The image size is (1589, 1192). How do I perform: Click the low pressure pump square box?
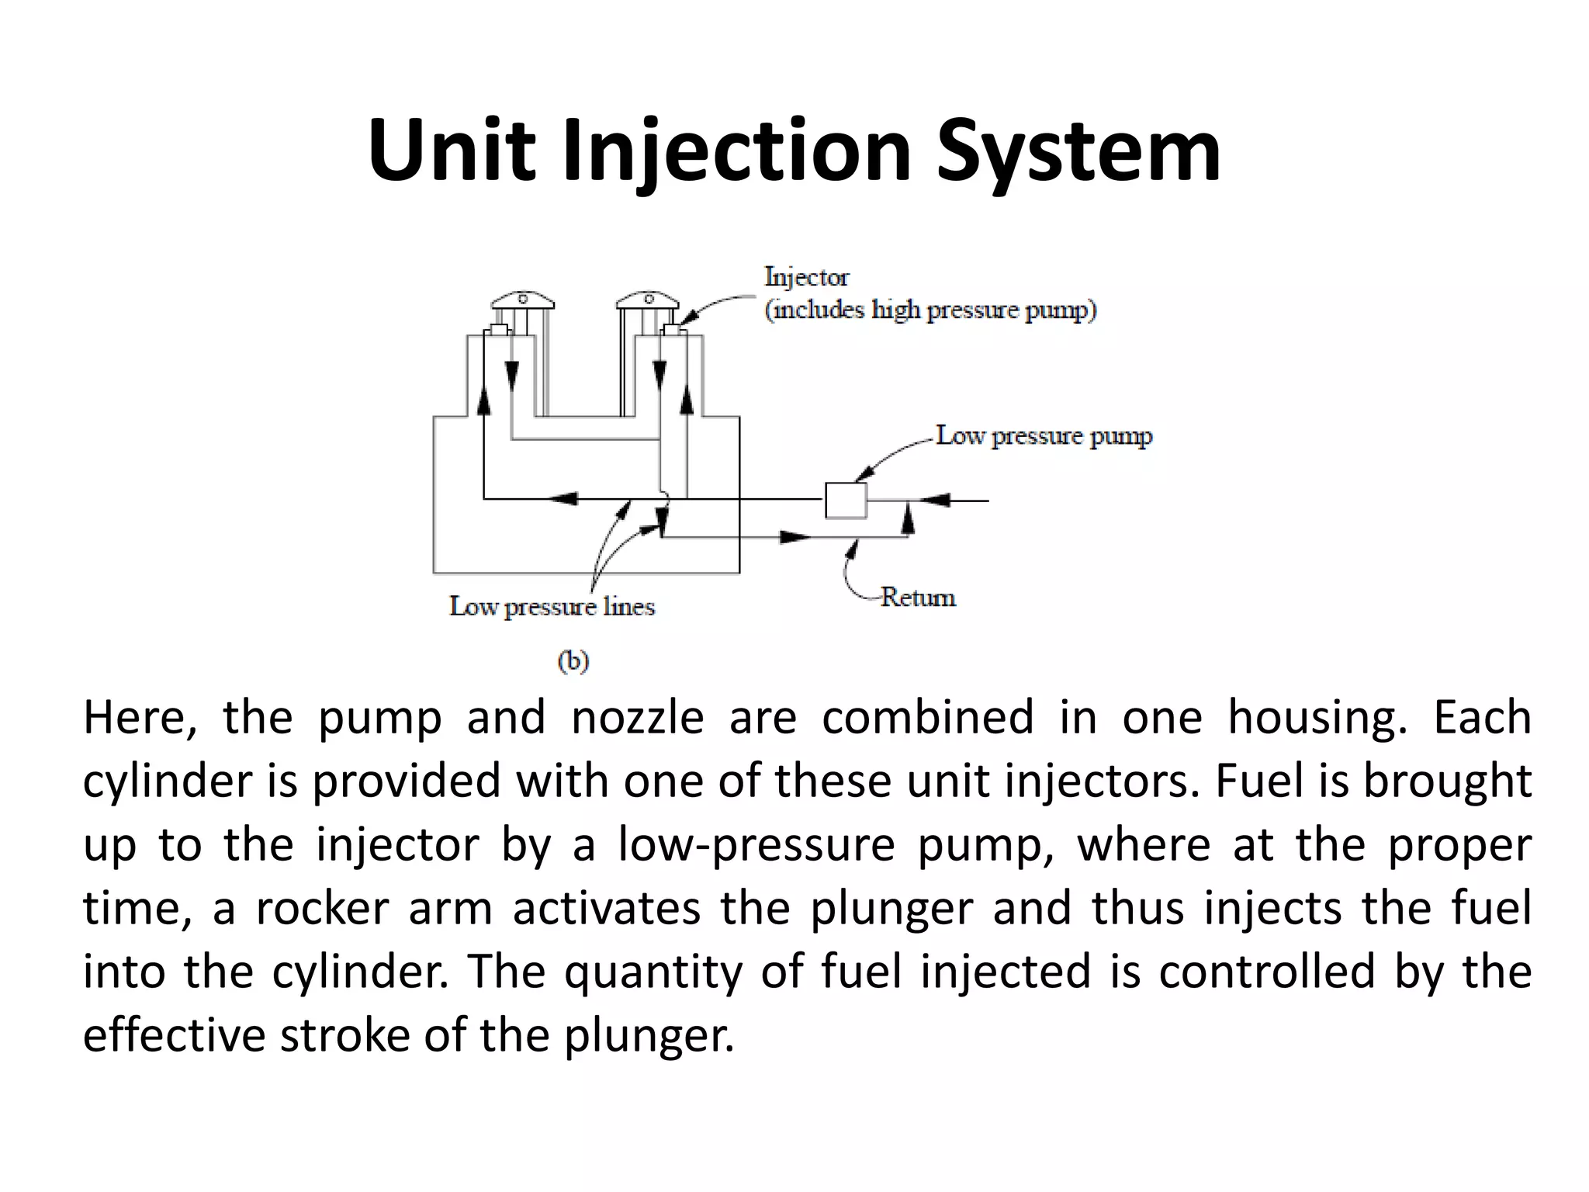pyautogui.click(x=845, y=501)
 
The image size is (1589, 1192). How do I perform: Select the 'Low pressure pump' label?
pyautogui.click(x=1044, y=436)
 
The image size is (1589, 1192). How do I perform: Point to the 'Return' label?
pyautogui.click(x=918, y=598)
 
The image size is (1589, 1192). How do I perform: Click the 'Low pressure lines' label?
pyautogui.click(x=552, y=607)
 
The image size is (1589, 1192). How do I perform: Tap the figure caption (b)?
pyautogui.click(x=573, y=661)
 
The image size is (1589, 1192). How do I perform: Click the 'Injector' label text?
pyautogui.click(x=806, y=277)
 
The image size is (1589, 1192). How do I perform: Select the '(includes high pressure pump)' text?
pyautogui.click(x=930, y=310)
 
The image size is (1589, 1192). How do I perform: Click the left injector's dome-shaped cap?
pyautogui.click(x=522, y=300)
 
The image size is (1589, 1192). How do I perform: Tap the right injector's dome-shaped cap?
pyautogui.click(x=648, y=300)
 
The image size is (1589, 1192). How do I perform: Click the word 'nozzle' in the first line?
pyautogui.click(x=637, y=717)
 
